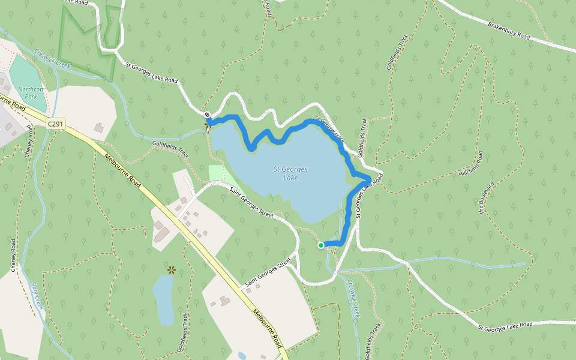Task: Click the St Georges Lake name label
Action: click(290, 173)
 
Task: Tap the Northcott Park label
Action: click(28, 92)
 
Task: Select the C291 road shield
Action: click(56, 123)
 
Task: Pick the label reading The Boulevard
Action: click(487, 199)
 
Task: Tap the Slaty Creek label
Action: click(38, 295)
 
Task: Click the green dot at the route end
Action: click(321, 245)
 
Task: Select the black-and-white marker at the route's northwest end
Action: click(207, 115)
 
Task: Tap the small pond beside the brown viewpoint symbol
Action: click(163, 298)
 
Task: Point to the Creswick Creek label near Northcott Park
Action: click(53, 59)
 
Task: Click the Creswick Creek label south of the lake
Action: click(353, 299)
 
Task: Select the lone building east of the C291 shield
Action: click(99, 128)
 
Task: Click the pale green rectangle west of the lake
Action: click(218, 175)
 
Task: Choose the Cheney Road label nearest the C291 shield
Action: click(28, 143)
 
